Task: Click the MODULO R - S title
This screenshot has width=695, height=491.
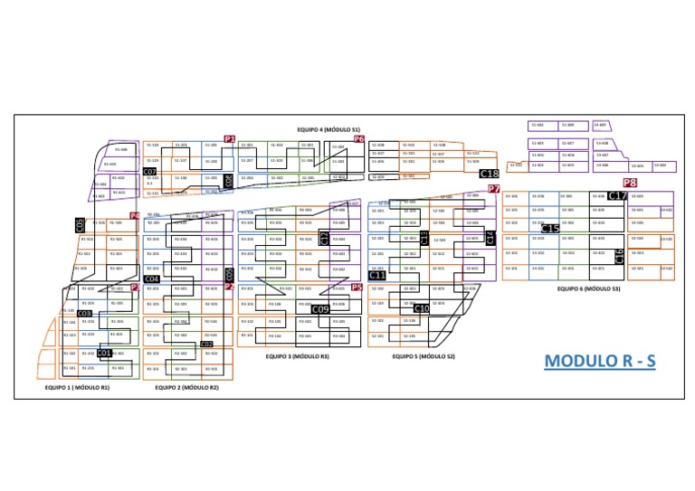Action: pyautogui.click(x=600, y=361)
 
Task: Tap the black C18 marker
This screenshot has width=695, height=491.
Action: pyautogui.click(x=489, y=173)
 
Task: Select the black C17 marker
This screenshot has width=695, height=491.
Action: pyautogui.click(x=617, y=195)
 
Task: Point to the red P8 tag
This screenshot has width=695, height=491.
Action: pyautogui.click(x=630, y=183)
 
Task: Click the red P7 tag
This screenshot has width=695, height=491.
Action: pyautogui.click(x=494, y=188)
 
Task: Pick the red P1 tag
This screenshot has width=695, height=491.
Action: pyautogui.click(x=230, y=139)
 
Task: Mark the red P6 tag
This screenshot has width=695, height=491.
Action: pyautogui.click(x=358, y=139)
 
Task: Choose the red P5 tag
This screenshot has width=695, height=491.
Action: pyautogui.click(x=357, y=287)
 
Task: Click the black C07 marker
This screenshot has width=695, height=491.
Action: pyautogui.click(x=150, y=172)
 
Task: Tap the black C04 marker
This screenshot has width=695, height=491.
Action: pyautogui.click(x=152, y=279)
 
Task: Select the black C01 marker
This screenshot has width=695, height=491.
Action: pyautogui.click(x=104, y=353)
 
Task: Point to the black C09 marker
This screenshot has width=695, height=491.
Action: pyautogui.click(x=319, y=309)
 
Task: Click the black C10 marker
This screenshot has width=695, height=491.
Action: pyautogui.click(x=422, y=308)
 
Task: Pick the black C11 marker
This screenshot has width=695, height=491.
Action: pyautogui.click(x=377, y=276)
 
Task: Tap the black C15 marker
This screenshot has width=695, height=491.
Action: pyautogui.click(x=550, y=229)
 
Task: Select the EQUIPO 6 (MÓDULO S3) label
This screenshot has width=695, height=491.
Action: pyautogui.click(x=588, y=288)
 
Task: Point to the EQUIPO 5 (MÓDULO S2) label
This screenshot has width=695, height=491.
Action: pyautogui.click(x=424, y=357)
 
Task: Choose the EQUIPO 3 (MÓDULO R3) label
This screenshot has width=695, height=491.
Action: pyautogui.click(x=298, y=357)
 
